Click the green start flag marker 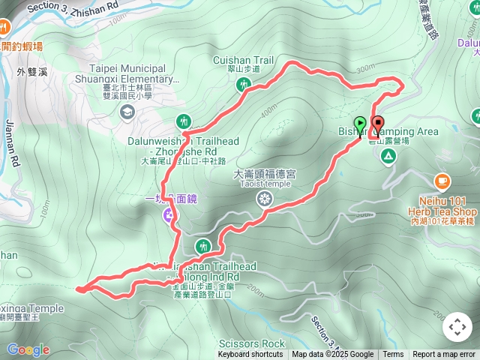pyautogui.click(x=360, y=123)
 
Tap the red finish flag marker pyautogui.click(x=376, y=123)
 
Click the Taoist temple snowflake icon pyautogui.click(x=264, y=199)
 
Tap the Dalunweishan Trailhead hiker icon pyautogui.click(x=184, y=121)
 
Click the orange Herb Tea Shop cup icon pyautogui.click(x=442, y=181)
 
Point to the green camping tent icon pyautogui.click(x=388, y=156)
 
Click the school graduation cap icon pyautogui.click(x=126, y=112)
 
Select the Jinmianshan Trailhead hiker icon pyautogui.click(x=203, y=246)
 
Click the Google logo pyautogui.click(x=28, y=349)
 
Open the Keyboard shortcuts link pyautogui.click(x=250, y=355)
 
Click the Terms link pyautogui.click(x=393, y=355)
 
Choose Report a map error pyautogui.click(x=444, y=355)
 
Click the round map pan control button pyautogui.click(x=457, y=327)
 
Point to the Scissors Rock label pyautogui.click(x=259, y=344)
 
